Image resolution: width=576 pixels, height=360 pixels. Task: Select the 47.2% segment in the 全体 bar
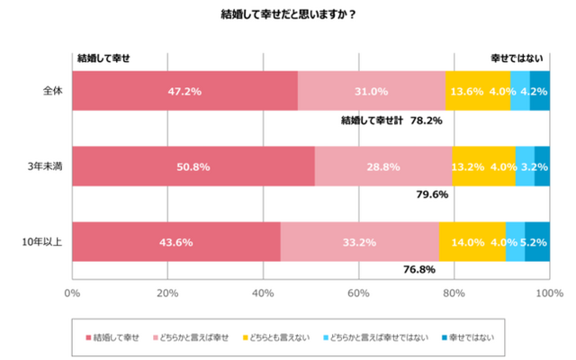184,91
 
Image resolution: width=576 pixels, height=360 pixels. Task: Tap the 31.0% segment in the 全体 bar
371,91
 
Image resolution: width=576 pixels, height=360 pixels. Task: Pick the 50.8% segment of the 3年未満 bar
193,166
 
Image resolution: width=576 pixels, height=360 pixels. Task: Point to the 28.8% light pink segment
383,166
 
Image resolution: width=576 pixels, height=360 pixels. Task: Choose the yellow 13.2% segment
483,166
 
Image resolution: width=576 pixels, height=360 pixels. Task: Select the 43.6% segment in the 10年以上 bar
176,242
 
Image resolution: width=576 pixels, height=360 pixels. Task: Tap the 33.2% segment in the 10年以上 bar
359,242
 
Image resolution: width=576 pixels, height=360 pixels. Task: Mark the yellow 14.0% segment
472,242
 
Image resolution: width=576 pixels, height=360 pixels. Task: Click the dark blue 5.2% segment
537,242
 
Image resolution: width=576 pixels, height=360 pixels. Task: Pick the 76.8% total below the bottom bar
418,270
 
